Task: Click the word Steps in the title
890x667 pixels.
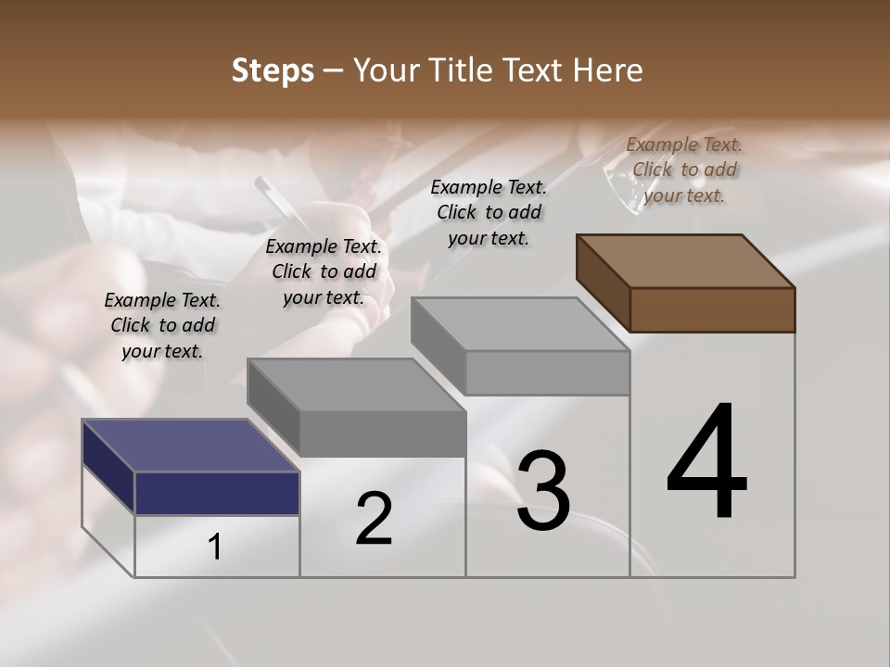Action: pyautogui.click(x=273, y=70)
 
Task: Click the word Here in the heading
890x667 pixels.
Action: pyautogui.click(x=608, y=70)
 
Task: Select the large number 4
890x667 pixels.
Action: pyautogui.click(x=706, y=463)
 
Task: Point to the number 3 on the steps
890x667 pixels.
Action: pyautogui.click(x=542, y=491)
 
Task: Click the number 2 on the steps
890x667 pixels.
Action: pyautogui.click(x=374, y=519)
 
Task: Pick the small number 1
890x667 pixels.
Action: pyautogui.click(x=215, y=547)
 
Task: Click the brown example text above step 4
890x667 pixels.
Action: pyautogui.click(x=684, y=170)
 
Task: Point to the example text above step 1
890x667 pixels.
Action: pyautogui.click(x=162, y=325)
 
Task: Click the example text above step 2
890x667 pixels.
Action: pyautogui.click(x=324, y=271)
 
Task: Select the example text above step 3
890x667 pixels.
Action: pyautogui.click(x=489, y=212)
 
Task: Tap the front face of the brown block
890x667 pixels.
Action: pyautogui.click(x=712, y=309)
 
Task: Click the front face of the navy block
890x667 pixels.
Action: pyautogui.click(x=217, y=493)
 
